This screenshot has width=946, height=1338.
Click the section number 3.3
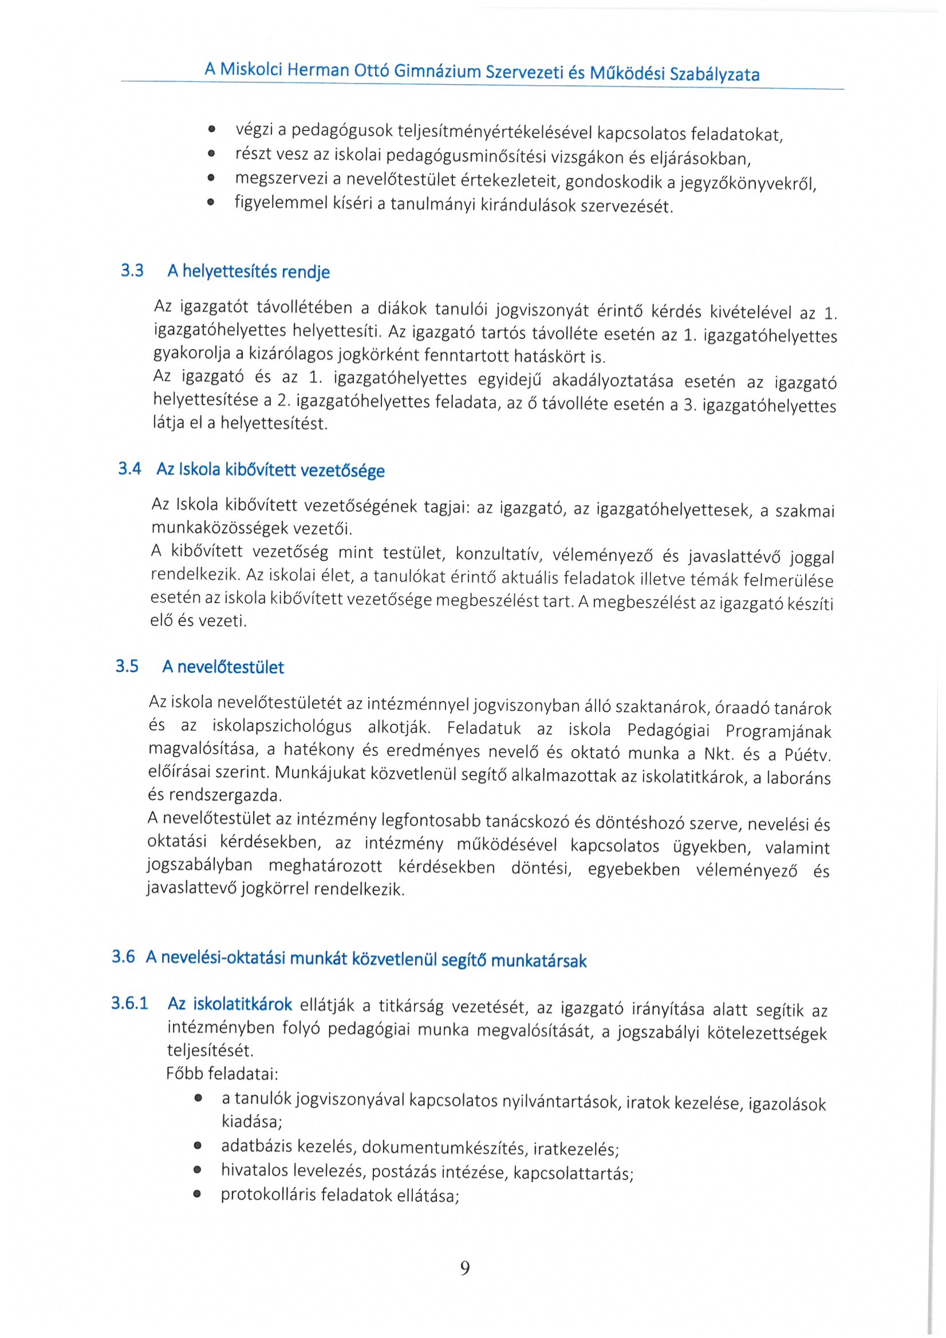132,270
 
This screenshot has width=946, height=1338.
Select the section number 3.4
129,469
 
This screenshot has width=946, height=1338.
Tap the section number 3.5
127,666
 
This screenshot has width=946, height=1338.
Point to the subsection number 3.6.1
129,1003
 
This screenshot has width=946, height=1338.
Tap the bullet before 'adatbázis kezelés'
198,1146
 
